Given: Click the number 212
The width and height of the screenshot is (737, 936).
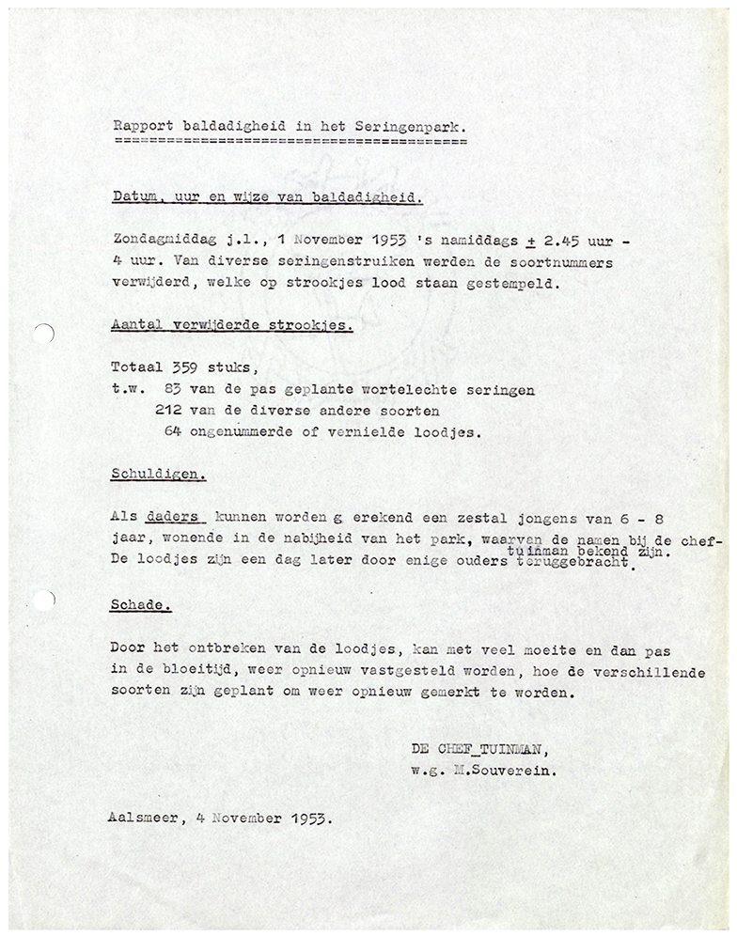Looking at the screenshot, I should click(x=168, y=411).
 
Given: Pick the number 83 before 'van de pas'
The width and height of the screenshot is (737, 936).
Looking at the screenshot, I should click(x=173, y=390).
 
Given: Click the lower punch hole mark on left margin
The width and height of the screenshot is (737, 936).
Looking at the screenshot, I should click(x=49, y=597).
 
